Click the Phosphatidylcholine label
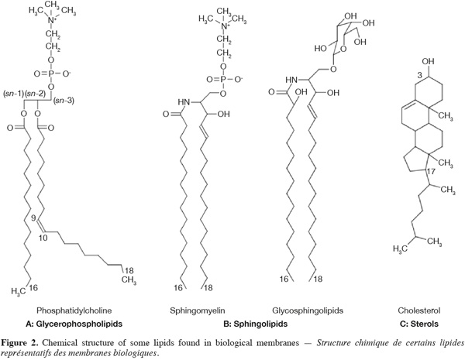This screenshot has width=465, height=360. [x=74, y=310]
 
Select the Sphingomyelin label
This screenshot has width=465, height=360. [x=198, y=310]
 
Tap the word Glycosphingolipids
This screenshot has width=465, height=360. [x=308, y=310]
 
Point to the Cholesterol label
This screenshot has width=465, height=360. [x=419, y=310]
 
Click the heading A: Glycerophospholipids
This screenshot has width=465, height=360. [x=74, y=324]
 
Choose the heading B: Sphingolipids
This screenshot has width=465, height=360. [x=255, y=324]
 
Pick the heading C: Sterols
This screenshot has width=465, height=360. [x=419, y=324]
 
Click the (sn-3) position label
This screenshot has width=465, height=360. [x=64, y=101]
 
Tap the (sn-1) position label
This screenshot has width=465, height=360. [x=13, y=94]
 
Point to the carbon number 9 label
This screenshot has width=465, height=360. [x=34, y=218]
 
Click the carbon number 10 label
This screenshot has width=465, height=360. [x=43, y=238]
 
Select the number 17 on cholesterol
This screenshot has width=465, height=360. [x=431, y=172]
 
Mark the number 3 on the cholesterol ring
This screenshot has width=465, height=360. [x=419, y=76]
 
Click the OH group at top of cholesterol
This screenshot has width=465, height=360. [x=428, y=61]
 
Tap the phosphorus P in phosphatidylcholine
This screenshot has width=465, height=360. [x=50, y=74]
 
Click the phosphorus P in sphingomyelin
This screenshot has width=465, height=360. [x=223, y=80]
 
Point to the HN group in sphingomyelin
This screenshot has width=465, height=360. [x=184, y=102]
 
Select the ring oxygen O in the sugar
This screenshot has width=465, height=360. [x=343, y=48]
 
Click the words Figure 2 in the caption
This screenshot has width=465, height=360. [x=19, y=343]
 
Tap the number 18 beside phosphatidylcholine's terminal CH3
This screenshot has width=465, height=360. [x=129, y=270]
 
